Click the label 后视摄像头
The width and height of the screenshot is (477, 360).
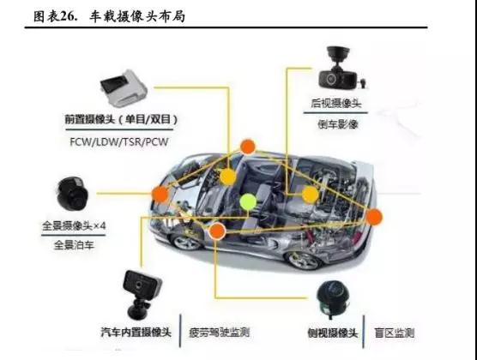coord(336,105)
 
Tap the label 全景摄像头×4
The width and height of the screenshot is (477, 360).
coord(72,225)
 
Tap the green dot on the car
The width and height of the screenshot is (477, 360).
coord(248,202)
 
